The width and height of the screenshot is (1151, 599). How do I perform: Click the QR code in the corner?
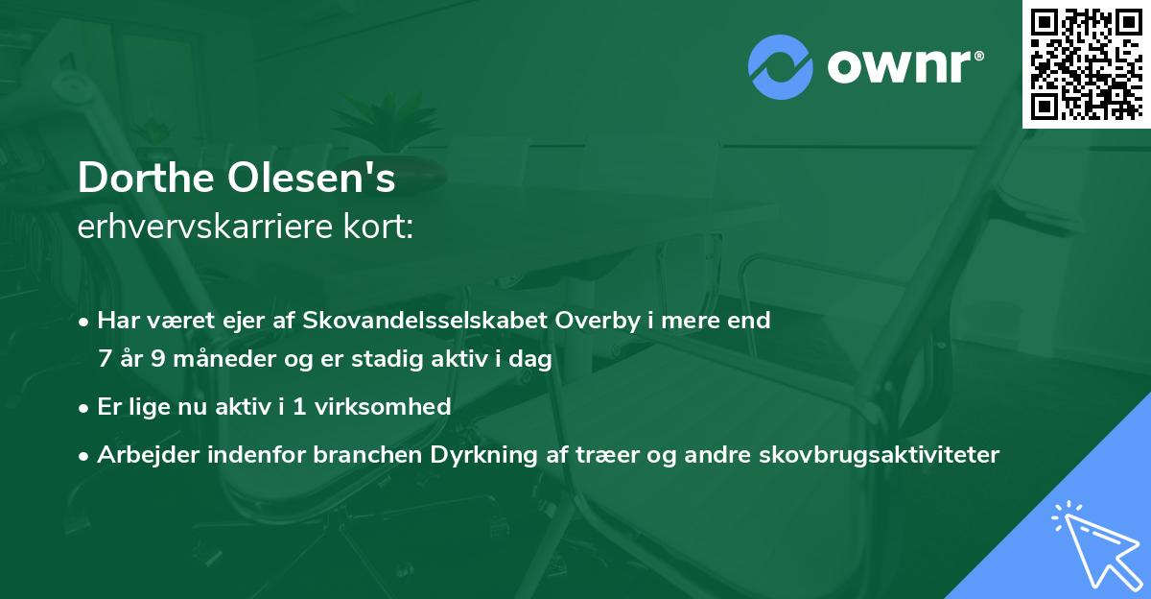pyautogui.click(x=1086, y=63)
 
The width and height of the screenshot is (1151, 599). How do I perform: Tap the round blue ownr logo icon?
pyautogui.click(x=781, y=66)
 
